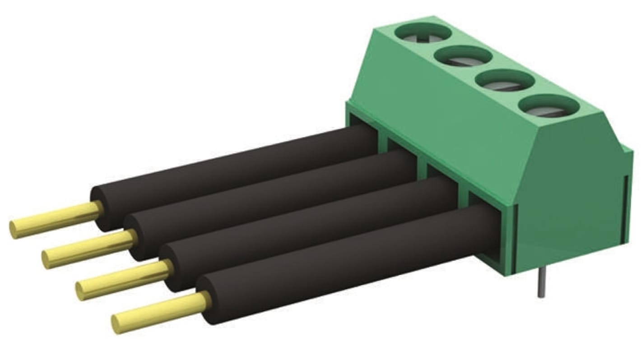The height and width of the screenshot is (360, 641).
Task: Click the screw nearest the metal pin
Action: point(549,108)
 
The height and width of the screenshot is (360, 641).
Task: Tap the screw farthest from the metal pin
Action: point(423,33)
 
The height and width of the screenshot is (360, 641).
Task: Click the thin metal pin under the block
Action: point(540,284)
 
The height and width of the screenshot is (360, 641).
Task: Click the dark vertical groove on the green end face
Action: point(625,208)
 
